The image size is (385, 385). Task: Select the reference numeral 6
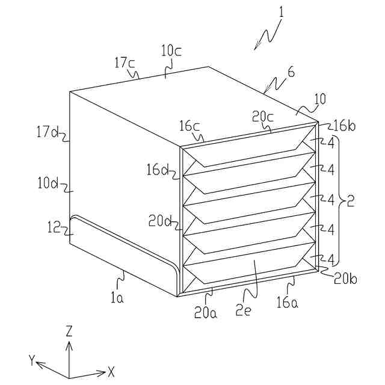291,72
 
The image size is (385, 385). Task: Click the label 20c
262,117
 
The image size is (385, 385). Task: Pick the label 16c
189,126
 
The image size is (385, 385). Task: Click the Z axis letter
69,331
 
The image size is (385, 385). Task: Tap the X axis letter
111,371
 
